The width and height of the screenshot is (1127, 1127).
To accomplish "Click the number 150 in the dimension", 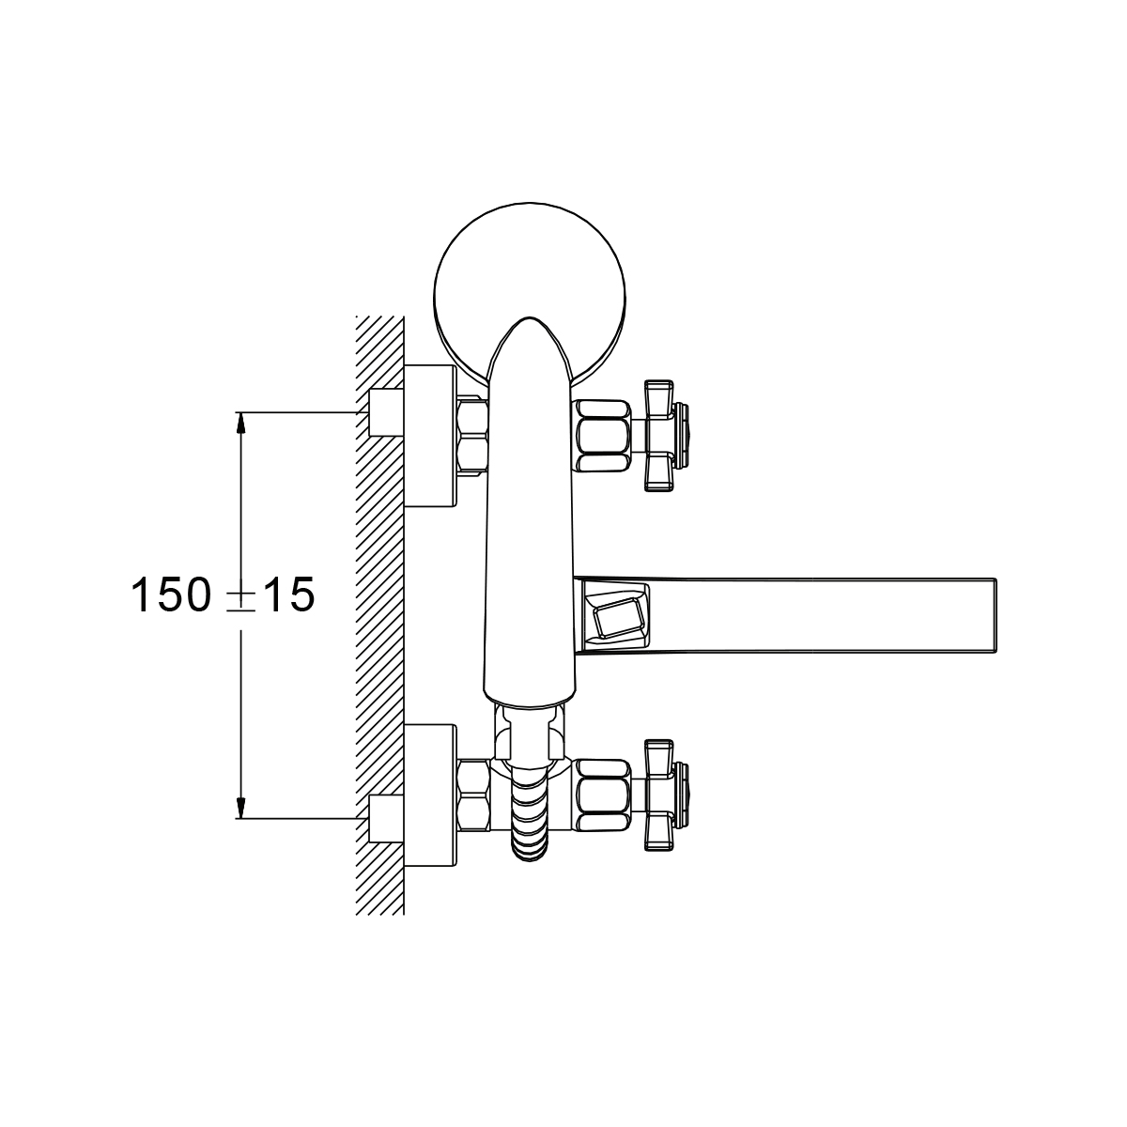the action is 170,594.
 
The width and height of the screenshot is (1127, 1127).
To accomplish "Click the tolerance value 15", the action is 287,594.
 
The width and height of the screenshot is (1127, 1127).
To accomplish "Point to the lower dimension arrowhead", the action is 240,808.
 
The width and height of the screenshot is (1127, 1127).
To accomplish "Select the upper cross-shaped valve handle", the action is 666,435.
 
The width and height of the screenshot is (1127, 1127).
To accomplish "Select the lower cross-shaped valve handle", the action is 666,795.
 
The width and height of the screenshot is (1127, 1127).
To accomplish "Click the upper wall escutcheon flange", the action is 430,436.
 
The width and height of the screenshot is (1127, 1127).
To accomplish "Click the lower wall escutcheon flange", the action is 430,795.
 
